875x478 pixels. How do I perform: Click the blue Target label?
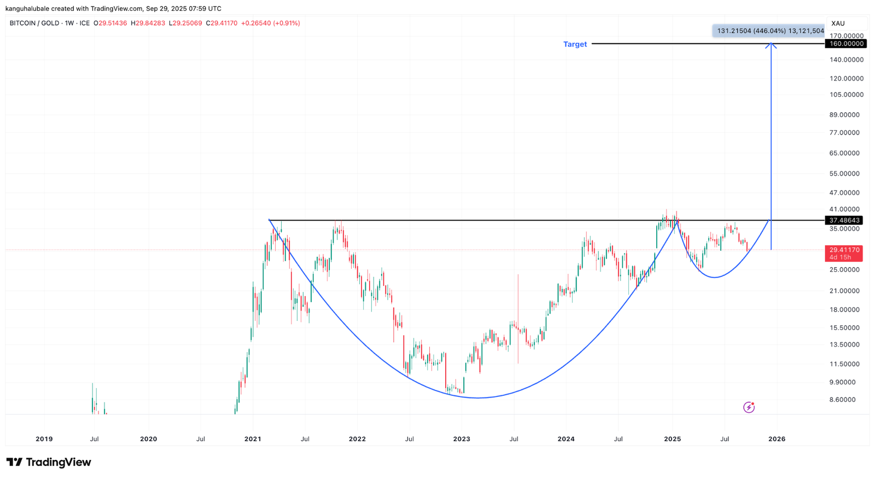click(x=575, y=44)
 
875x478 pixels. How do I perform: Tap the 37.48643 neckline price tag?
click(x=845, y=220)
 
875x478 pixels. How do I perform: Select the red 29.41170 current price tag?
click(x=844, y=253)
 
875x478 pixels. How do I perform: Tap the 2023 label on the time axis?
click(x=462, y=439)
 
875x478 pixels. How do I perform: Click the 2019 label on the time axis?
click(x=44, y=439)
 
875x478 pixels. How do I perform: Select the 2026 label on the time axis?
click(x=777, y=439)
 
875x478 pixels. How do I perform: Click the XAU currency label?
click(x=838, y=24)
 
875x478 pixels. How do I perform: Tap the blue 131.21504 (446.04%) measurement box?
click(x=768, y=31)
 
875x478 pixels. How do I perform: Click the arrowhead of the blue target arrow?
click(x=771, y=45)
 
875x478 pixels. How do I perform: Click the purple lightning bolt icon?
click(x=749, y=407)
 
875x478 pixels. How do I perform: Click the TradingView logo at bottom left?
click(x=49, y=462)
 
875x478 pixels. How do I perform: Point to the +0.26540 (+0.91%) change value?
click(x=270, y=23)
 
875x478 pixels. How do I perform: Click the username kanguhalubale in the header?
click(x=27, y=8)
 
